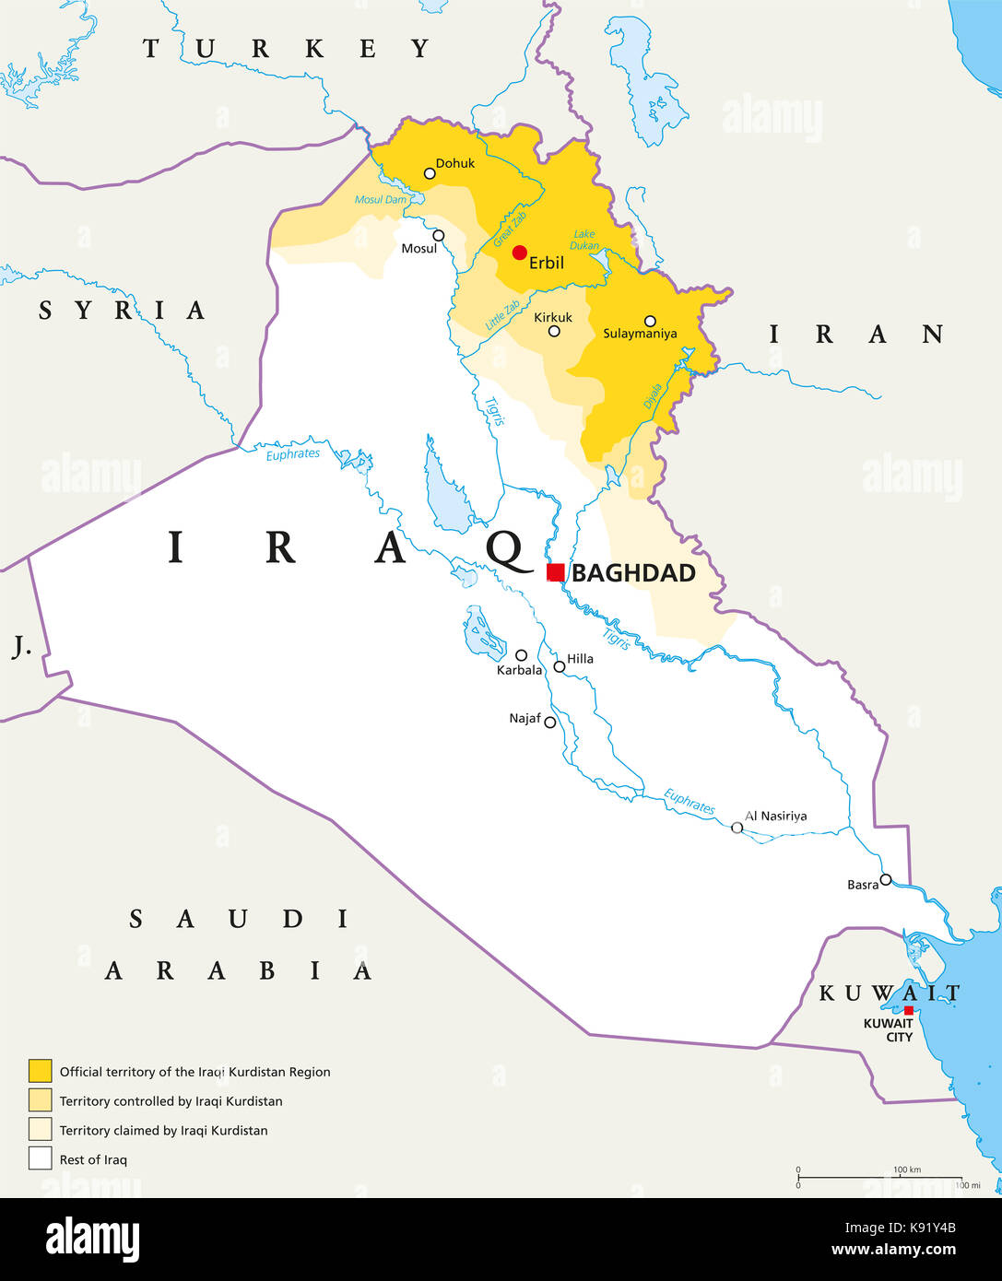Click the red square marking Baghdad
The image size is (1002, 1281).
coord(555,572)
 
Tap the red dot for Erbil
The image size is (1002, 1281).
coord(520,253)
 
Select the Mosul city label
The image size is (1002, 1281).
coord(418,249)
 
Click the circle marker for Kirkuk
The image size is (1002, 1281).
coord(554,331)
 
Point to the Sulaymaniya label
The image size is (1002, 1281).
coord(640,334)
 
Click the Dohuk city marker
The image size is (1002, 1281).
coord(430,173)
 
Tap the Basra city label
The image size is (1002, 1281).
coord(863,885)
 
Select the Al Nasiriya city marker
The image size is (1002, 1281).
coord(737,828)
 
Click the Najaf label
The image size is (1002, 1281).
coord(525,718)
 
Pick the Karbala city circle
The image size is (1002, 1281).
coord(521,655)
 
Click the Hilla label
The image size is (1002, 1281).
coord(580,659)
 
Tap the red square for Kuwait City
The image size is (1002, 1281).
coord(908,1010)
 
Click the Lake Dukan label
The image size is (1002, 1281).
coord(584,240)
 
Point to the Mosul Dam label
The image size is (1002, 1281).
coord(381,200)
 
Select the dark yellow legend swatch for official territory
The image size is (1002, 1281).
coord(40,1071)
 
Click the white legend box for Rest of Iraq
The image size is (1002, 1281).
coord(40,1158)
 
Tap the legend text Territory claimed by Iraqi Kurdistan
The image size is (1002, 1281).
coord(163,1130)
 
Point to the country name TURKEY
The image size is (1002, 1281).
coord(287,49)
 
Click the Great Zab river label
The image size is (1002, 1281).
coord(510,229)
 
